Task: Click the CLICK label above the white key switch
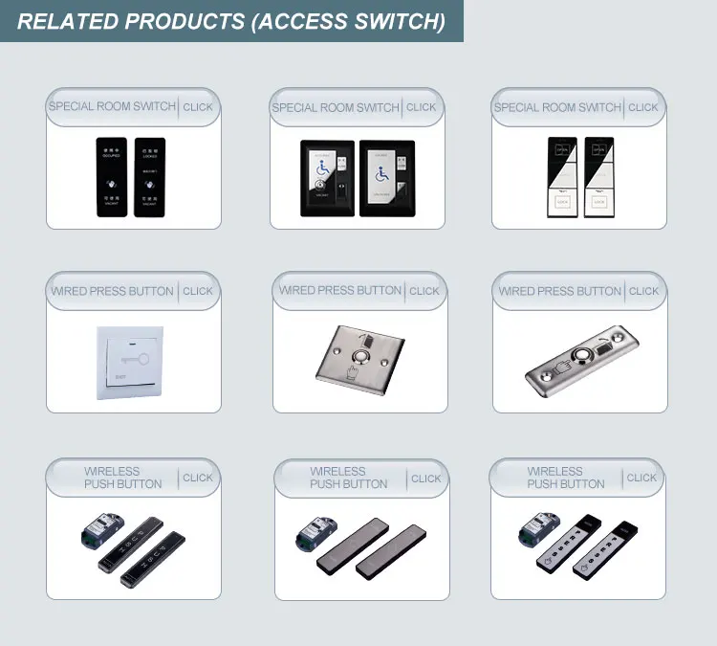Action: pos(198,291)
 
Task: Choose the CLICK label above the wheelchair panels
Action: pos(421,107)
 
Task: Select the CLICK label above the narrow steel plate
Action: pos(643,291)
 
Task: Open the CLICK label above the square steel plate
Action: pos(424,291)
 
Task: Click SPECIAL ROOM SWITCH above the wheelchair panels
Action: pos(336,107)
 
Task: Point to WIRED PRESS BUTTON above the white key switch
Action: pos(113,291)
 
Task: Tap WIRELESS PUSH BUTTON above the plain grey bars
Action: pos(337,478)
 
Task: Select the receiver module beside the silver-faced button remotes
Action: pos(538,533)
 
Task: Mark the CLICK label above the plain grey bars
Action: pos(425,479)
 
